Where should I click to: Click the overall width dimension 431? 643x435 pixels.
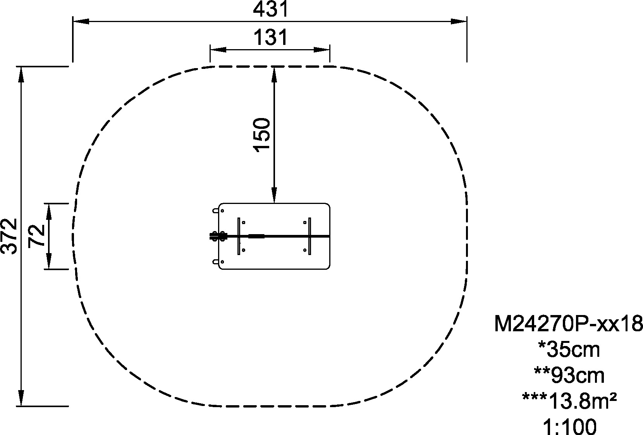pyautogui.click(x=270, y=9)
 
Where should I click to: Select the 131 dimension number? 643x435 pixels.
pyautogui.click(x=270, y=38)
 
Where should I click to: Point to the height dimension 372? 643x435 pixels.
pyautogui.click(x=9, y=236)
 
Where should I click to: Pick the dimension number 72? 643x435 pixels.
pyautogui.click(x=36, y=236)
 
